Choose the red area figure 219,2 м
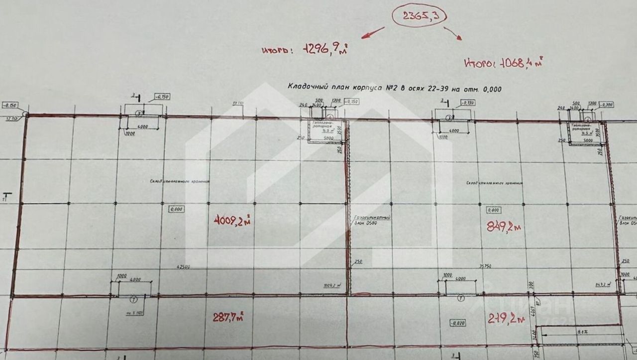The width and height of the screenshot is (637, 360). coord(507,318)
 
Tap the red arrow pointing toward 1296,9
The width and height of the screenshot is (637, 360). coord(372,32)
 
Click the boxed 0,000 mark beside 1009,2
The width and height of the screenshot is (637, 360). coord(176,209)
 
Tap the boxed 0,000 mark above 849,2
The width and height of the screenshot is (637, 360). coord(495,210)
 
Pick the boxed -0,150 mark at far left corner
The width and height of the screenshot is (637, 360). coord(10,106)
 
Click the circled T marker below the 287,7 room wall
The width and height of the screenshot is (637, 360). coord(133,299)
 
